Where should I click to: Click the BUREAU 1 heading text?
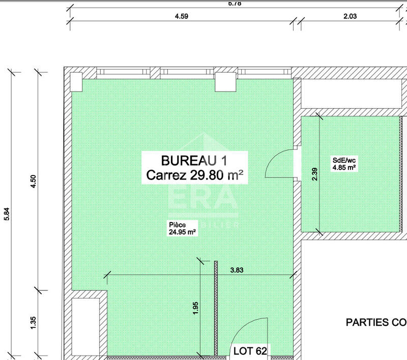[194, 161]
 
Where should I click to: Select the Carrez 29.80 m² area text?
[194, 175]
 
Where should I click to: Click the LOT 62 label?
[250, 350]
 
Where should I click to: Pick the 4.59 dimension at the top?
[182, 16]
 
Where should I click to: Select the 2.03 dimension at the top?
[350, 16]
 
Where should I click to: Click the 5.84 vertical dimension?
[7, 213]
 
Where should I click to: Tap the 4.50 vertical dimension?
[34, 181]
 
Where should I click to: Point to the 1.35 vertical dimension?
[34, 323]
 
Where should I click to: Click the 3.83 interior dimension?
[237, 270]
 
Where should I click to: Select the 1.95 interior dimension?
[196, 309]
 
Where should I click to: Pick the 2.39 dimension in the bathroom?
[315, 174]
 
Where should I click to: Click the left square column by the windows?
[76, 81]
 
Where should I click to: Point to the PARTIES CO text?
[375, 322]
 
